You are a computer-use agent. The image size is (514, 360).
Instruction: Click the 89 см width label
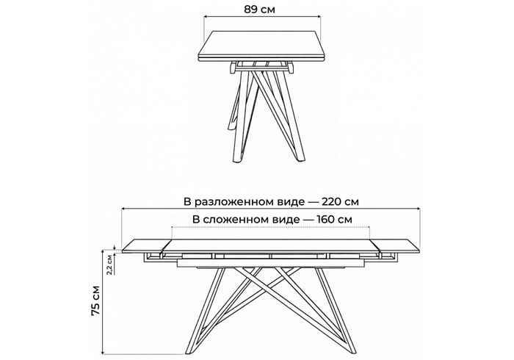click(x=259, y=10)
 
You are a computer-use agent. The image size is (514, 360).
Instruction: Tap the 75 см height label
click(x=95, y=300)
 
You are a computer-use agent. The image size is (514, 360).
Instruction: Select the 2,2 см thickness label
click(x=110, y=265)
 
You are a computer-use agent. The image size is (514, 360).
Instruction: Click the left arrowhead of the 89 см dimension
click(x=206, y=16)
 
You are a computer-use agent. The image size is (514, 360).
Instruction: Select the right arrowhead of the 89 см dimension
click(x=318, y=16)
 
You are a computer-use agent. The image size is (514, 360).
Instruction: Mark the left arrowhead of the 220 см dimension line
click(x=124, y=209)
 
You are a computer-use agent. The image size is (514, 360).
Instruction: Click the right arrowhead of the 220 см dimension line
click(x=417, y=209)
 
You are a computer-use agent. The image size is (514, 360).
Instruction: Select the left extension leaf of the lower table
click(x=146, y=246)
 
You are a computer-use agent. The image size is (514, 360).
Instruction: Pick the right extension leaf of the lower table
click(x=396, y=246)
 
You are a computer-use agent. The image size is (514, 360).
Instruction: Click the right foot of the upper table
click(x=300, y=159)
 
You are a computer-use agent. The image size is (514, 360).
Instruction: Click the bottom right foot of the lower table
click(x=352, y=351)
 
